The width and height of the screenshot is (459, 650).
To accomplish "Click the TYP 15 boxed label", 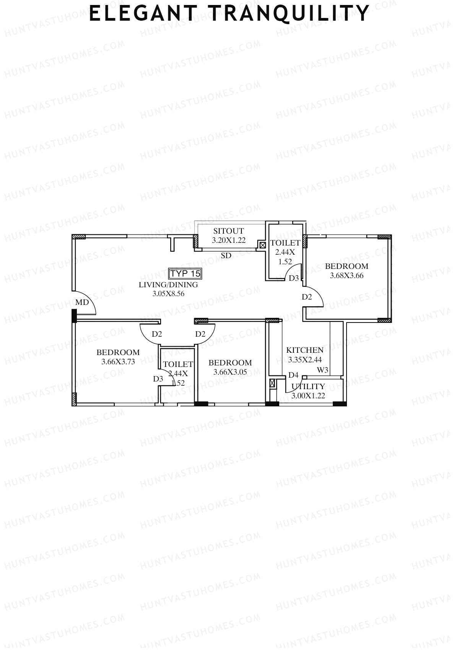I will pyautogui.click(x=185, y=273).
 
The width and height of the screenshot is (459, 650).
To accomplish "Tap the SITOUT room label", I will pyautogui.click(x=228, y=231).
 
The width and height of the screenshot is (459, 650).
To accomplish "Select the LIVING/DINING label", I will pyautogui.click(x=168, y=285).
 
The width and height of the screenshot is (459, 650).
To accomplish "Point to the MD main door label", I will pyautogui.click(x=82, y=302).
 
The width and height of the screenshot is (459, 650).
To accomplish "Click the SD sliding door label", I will pyautogui.click(x=226, y=255).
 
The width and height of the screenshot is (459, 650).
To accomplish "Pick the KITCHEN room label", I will pyautogui.click(x=305, y=350).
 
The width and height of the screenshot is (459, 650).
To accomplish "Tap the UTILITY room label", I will pyautogui.click(x=308, y=386).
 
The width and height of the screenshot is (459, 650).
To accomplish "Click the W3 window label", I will pyautogui.click(x=322, y=370).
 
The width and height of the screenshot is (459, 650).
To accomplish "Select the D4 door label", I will pyautogui.click(x=293, y=375).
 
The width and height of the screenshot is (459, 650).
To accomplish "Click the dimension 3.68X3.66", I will pyautogui.click(x=347, y=275).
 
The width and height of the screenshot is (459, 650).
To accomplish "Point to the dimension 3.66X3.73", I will pyautogui.click(x=118, y=362).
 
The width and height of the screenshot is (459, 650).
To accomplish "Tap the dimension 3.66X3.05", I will pyautogui.click(x=230, y=372).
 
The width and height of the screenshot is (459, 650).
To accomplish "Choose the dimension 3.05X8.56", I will pyautogui.click(x=168, y=294).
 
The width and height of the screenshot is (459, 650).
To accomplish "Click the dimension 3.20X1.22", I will pyautogui.click(x=229, y=240).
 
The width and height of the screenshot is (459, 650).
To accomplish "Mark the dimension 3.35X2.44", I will pyautogui.click(x=305, y=360).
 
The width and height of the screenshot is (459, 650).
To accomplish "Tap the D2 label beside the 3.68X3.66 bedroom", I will pyautogui.click(x=307, y=297).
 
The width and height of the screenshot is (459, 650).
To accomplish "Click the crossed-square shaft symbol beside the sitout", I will pyautogui.click(x=263, y=245).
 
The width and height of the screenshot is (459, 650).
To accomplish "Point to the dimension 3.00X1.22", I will pyautogui.click(x=308, y=396).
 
